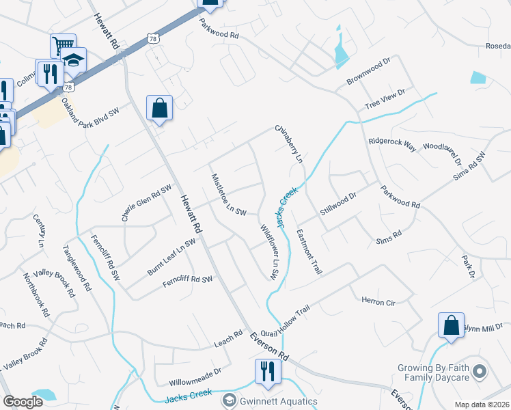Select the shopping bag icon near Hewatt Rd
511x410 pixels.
(159, 108)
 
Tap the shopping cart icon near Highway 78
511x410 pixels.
(62, 46)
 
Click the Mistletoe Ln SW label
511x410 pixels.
(228, 194)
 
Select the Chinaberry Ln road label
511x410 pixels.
(288, 143)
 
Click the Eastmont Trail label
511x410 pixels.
(309, 251)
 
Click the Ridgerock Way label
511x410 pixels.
(392, 144)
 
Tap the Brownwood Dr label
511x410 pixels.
(367, 70)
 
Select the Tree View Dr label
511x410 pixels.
(385, 98)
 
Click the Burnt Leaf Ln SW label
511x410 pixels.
(171, 257)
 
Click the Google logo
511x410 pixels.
(23, 402)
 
